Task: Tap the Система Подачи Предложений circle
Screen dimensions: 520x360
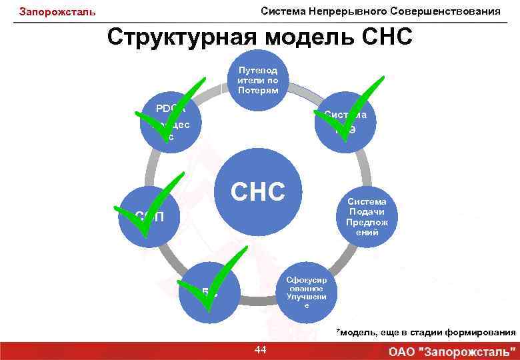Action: (x=367, y=217)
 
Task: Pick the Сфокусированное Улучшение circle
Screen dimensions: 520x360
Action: (x=306, y=291)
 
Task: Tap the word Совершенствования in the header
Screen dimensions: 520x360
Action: (x=446, y=11)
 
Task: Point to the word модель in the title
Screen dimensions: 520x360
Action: (x=307, y=37)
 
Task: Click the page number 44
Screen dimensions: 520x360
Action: (x=261, y=349)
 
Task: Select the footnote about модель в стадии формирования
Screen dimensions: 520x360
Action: (x=425, y=332)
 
